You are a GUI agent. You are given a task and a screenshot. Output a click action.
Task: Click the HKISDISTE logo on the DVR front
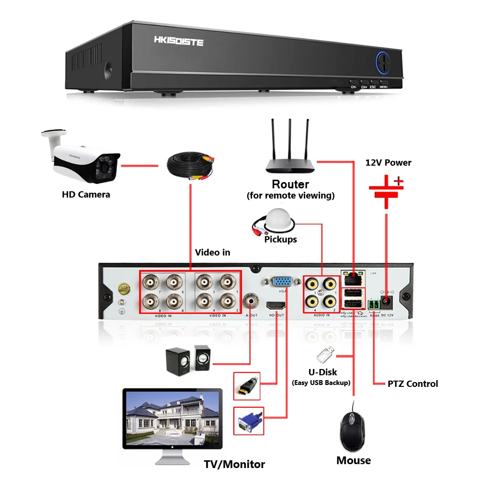tap(179, 42)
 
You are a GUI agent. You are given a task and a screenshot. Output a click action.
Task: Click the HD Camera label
tap(86, 195)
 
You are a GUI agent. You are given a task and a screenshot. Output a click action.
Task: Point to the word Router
tap(290, 184)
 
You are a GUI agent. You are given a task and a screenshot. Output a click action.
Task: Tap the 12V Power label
tap(388, 162)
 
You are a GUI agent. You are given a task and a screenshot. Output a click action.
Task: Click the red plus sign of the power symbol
tap(398, 182)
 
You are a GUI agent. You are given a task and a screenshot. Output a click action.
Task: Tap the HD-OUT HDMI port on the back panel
tap(275, 305)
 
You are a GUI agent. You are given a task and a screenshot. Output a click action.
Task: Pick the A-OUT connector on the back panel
tap(251, 301)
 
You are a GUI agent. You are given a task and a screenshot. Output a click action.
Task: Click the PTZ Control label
tap(412, 384)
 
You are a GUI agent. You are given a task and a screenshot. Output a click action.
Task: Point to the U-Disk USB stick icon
tap(324, 355)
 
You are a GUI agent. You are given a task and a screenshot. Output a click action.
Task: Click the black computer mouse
tap(353, 430)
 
